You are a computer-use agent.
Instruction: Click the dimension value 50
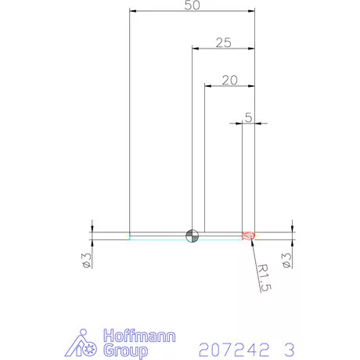[193, 5]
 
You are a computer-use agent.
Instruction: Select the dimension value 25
[224, 42]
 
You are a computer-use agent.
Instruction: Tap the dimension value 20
[230, 80]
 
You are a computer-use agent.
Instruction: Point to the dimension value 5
[249, 117]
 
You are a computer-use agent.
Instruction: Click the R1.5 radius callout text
[265, 278]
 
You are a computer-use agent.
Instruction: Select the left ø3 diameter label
[87, 260]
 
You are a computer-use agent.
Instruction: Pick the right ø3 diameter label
[286, 260]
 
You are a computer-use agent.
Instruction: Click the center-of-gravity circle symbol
[193, 236]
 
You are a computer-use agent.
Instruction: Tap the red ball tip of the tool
[248, 236]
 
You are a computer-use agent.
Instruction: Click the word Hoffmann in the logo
[139, 336]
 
